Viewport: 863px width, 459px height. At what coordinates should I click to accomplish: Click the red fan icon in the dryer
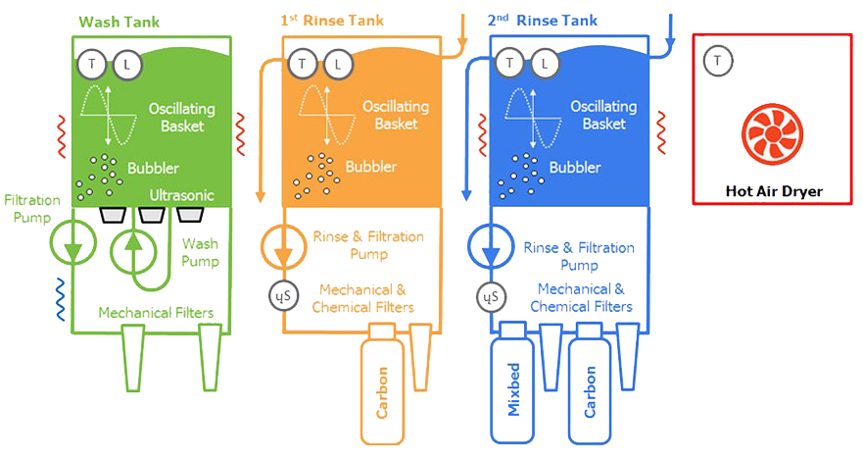(x=772, y=134)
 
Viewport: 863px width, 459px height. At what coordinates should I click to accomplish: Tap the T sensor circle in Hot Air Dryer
(x=718, y=61)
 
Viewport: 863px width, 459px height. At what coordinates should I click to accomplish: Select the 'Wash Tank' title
(x=119, y=22)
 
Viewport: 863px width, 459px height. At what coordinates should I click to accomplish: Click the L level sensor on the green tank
(x=127, y=65)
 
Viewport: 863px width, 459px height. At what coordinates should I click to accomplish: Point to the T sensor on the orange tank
(x=302, y=64)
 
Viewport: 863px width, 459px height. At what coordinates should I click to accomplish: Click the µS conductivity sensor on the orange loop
(x=283, y=296)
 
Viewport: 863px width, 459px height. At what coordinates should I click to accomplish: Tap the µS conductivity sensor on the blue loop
(x=491, y=297)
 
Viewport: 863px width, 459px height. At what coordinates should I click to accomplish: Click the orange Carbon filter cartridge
(x=382, y=384)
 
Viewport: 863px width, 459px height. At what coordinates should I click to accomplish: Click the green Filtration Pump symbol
(x=72, y=242)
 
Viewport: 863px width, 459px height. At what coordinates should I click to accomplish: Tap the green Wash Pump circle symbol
(x=134, y=252)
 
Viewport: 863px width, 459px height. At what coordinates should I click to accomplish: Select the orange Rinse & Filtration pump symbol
(x=283, y=246)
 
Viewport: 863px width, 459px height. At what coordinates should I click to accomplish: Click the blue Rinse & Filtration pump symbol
(x=491, y=246)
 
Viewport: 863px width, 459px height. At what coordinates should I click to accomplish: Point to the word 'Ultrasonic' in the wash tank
(x=181, y=195)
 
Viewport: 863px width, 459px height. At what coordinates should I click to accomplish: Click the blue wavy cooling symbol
(x=60, y=299)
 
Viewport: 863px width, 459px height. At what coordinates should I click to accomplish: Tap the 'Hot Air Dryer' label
(x=774, y=191)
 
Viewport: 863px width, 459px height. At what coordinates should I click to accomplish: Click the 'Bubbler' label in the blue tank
(x=575, y=167)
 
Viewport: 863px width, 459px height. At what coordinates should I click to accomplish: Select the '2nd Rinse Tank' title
(x=542, y=21)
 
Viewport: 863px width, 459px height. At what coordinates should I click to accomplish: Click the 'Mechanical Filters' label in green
(x=156, y=313)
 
